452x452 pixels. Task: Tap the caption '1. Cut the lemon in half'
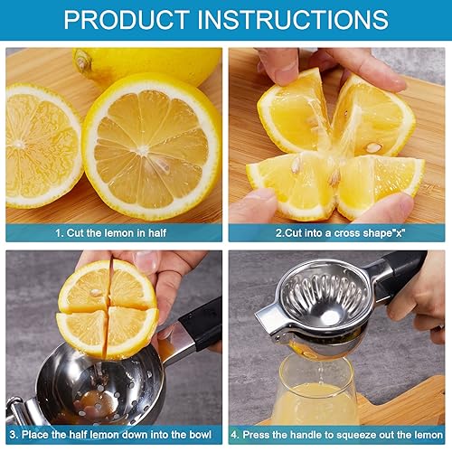pyautogui.click(x=113, y=232)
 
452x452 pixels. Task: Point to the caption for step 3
pyautogui.click(x=113, y=434)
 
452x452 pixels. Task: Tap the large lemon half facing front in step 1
pyautogui.click(x=152, y=145)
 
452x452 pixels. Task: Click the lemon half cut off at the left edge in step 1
pyautogui.click(x=41, y=145)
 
